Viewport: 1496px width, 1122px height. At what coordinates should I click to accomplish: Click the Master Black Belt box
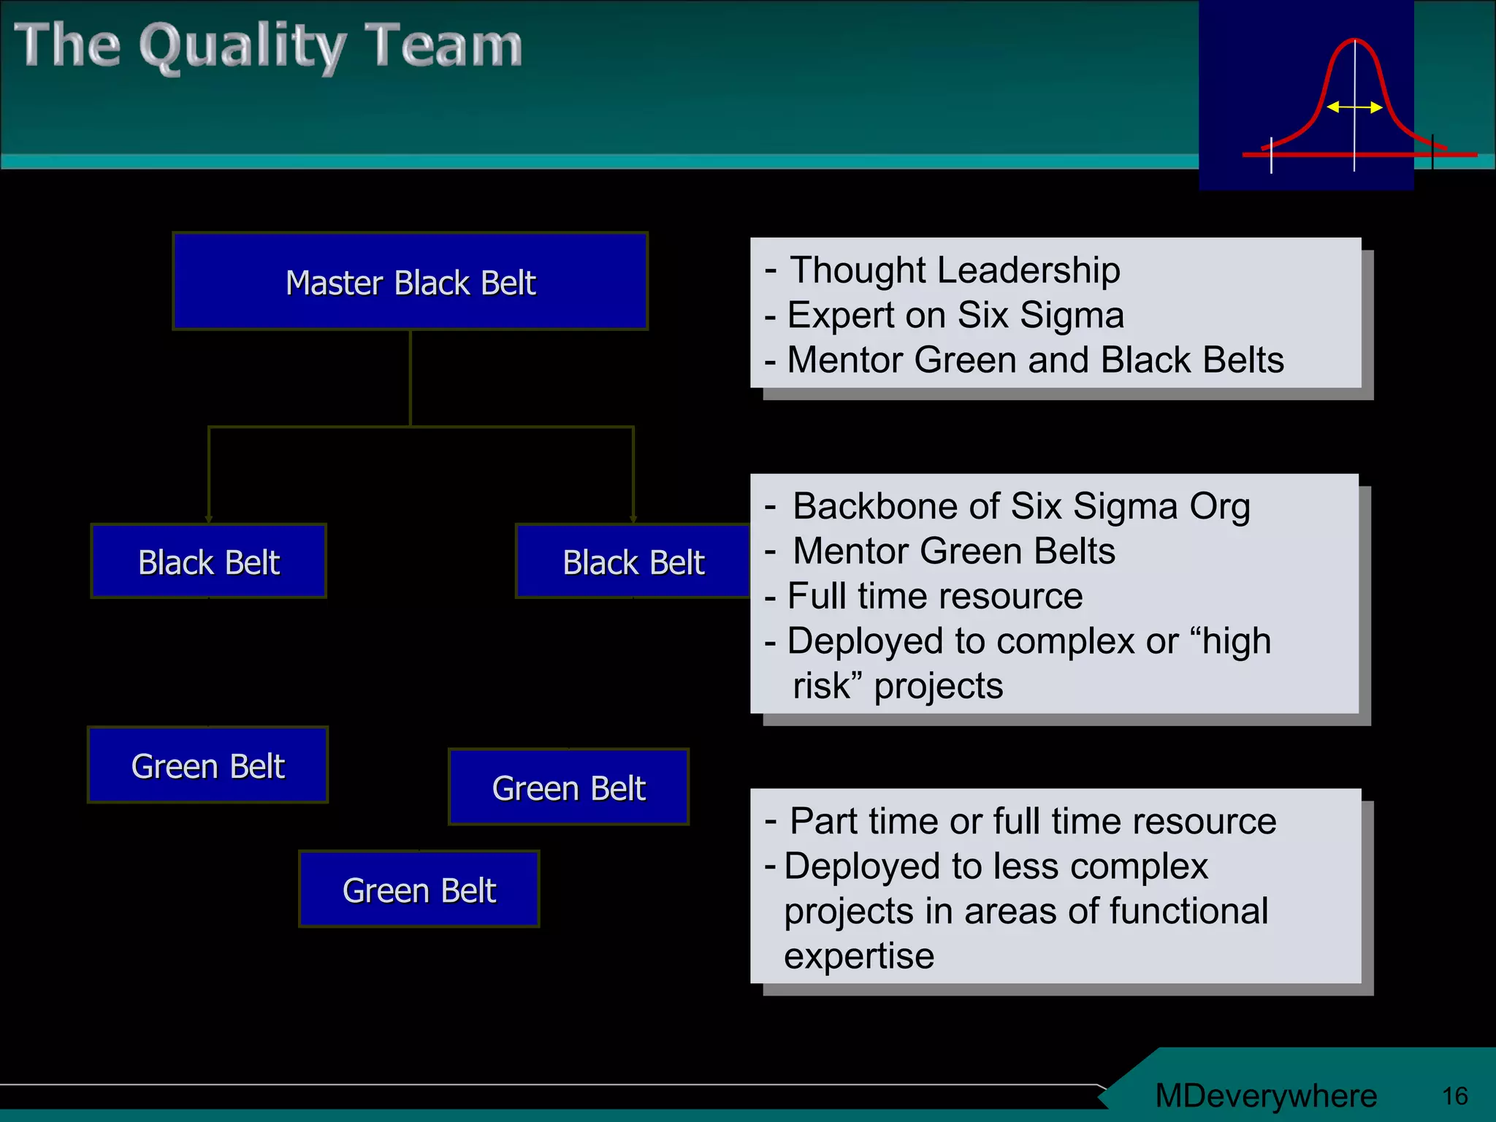(x=410, y=281)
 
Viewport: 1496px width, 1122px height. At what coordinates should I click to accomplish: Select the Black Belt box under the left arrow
(x=208, y=561)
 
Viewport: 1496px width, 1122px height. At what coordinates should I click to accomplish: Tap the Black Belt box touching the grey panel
(x=633, y=561)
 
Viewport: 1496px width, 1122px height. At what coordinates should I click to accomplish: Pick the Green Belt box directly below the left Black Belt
(x=207, y=765)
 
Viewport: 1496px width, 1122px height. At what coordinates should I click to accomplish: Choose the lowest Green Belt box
(x=419, y=889)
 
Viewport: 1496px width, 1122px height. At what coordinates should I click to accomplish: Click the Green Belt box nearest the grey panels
(x=568, y=787)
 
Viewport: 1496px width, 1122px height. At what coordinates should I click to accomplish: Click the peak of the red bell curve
(x=1354, y=41)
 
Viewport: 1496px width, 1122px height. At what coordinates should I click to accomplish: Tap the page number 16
(x=1454, y=1096)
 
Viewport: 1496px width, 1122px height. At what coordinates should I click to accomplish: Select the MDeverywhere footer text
(x=1265, y=1096)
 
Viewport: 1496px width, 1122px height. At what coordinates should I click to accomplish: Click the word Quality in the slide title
(x=242, y=47)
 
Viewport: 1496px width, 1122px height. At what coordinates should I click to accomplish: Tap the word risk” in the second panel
(x=828, y=686)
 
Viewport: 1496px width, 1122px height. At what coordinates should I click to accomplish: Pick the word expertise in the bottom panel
(x=859, y=956)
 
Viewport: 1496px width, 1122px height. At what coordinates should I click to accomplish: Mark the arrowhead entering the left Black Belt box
(x=209, y=519)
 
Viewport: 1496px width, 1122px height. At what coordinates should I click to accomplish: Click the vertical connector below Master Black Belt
(x=411, y=378)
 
